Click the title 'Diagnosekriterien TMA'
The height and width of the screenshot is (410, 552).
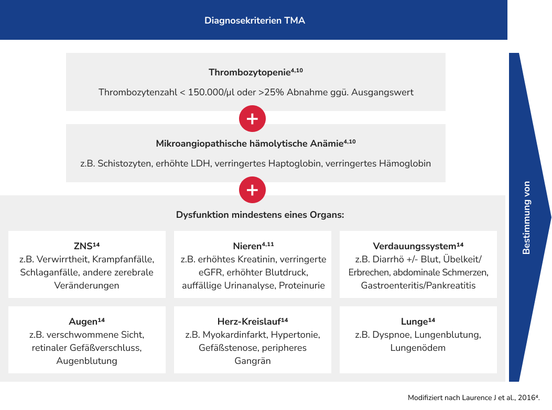[254, 21]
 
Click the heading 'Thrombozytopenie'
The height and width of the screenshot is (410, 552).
[250, 73]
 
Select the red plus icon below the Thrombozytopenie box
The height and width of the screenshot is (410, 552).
[252, 119]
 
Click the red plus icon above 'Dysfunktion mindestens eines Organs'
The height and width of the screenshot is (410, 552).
[252, 190]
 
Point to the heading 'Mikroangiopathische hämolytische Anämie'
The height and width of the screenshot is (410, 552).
[250, 144]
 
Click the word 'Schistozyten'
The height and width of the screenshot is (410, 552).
[125, 163]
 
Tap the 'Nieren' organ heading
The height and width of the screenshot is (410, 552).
[247, 246]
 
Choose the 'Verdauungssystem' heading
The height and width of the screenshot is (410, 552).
[414, 246]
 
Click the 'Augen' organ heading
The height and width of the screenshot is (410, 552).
[83, 322]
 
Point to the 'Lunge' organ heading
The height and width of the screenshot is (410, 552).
[415, 322]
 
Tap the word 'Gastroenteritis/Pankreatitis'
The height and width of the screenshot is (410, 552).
[418, 286]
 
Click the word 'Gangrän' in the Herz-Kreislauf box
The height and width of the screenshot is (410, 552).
[252, 361]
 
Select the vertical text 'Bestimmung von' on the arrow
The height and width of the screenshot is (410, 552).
[526, 217]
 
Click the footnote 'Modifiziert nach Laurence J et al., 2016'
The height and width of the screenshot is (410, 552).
[472, 398]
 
